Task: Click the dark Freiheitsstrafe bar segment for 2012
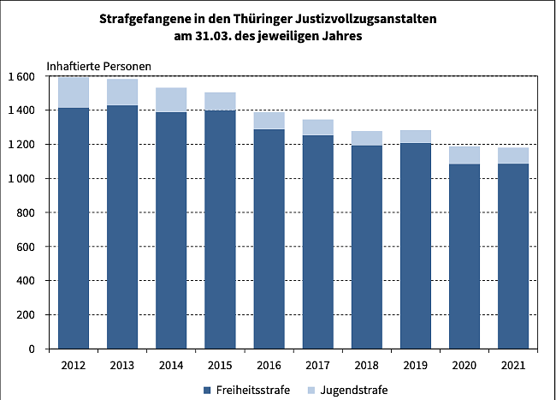[74, 228]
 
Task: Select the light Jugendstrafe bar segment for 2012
[74, 93]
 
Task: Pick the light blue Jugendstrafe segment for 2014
[171, 100]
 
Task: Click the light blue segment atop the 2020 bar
[464, 155]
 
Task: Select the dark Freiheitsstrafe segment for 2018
[367, 247]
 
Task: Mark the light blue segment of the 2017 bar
[318, 128]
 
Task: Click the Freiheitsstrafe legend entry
[247, 390]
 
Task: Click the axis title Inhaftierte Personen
[98, 65]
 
